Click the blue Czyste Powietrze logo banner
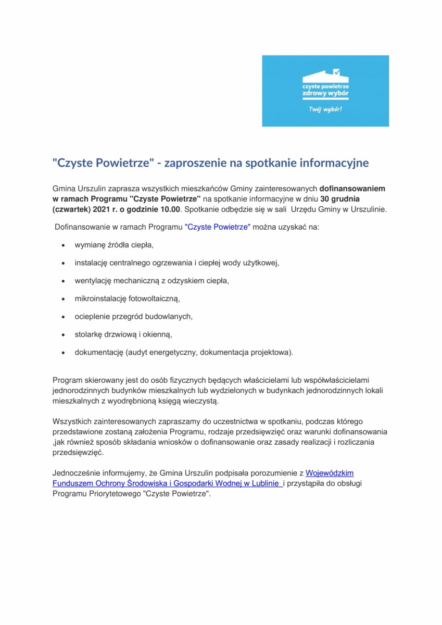coord(325,91)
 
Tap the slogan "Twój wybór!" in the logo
coord(325,110)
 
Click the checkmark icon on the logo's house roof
coord(336,72)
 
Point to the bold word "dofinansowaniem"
coord(352,189)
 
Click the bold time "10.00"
coord(168,209)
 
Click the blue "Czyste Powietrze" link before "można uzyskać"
coord(218,227)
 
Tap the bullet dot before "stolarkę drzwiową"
coord(63,334)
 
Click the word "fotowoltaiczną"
coord(154,298)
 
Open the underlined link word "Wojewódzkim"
coord(330,473)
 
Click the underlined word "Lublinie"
coord(263,483)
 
